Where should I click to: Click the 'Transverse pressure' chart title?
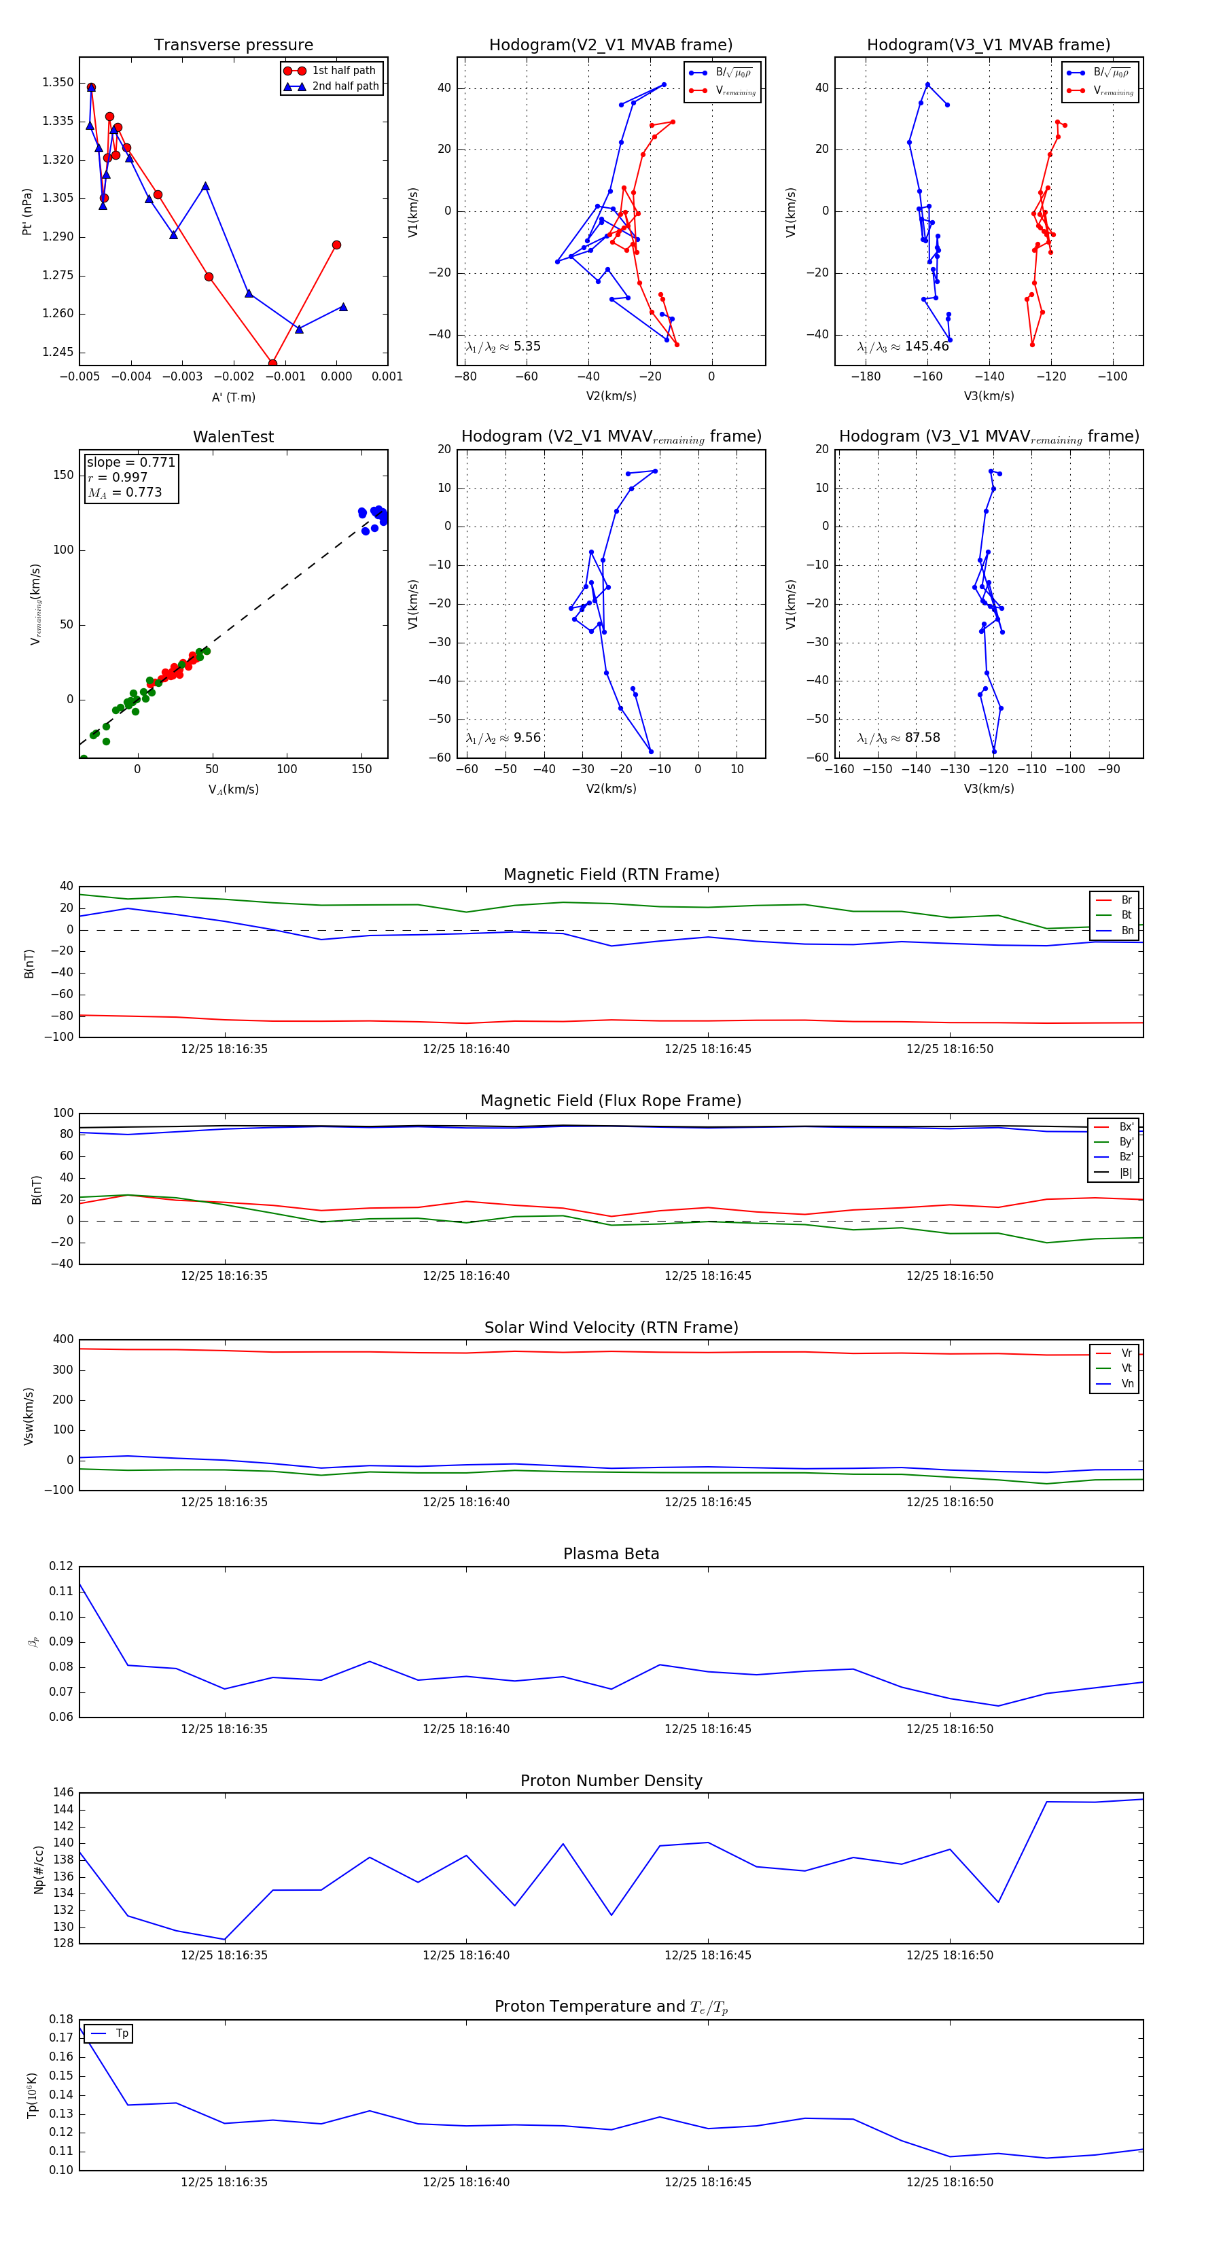233,46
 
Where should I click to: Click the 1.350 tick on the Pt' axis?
58,83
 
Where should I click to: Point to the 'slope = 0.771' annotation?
130,462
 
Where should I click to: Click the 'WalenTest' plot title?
233,437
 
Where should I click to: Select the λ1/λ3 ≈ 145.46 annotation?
903,346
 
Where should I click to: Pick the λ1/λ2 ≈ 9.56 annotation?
503,738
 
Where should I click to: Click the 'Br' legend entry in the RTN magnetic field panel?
1126,900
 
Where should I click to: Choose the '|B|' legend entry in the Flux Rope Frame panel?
1126,1173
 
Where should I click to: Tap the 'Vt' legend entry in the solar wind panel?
1126,1368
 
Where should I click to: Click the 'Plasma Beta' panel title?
611,1554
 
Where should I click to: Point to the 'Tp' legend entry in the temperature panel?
122,2033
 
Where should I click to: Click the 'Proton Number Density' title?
611,1781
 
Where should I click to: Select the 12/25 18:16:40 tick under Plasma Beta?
465,1728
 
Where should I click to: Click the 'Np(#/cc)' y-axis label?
38,1868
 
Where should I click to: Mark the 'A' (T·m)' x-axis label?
233,397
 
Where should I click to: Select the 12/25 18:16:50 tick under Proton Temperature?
949,2182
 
